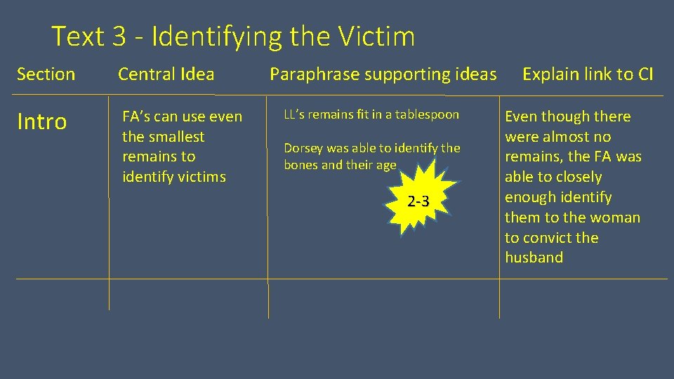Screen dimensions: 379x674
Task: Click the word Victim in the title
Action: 376,36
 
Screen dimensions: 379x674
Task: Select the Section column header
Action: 46,74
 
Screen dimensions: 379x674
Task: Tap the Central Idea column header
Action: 166,74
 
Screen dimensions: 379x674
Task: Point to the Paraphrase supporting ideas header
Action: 383,74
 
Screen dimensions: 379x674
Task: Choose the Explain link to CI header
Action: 588,74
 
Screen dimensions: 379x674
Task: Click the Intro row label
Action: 41,122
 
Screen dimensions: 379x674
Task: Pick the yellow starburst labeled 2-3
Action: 418,201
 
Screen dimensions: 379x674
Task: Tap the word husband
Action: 534,258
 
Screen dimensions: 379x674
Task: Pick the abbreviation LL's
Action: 293,114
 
